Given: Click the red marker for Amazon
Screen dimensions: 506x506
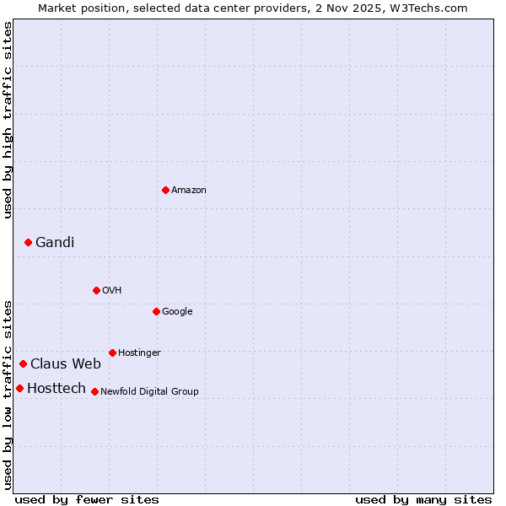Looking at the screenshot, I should (165, 190).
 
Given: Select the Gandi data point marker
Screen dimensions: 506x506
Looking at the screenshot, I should (28, 242).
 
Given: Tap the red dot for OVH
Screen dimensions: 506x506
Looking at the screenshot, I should (96, 290).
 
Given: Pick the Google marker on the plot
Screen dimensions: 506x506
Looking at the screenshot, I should (156, 311).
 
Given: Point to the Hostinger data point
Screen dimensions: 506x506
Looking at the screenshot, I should (112, 353).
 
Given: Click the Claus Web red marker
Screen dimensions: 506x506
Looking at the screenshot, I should (23, 363).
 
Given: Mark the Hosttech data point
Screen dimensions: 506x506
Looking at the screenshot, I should (19, 388).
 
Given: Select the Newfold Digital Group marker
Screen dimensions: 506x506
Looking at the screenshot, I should (94, 391).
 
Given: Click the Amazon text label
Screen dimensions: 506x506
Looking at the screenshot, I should (189, 191).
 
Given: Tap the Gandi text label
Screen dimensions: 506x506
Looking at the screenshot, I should (55, 243).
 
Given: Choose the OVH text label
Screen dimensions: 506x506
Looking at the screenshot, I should (112, 291).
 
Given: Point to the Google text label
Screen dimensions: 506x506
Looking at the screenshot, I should (177, 312).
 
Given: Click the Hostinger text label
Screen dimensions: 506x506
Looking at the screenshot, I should (139, 353).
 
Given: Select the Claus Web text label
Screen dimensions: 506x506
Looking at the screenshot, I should (66, 364).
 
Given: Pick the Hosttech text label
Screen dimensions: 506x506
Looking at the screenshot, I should (57, 389).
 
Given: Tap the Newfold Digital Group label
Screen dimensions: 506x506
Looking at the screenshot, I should (149, 392).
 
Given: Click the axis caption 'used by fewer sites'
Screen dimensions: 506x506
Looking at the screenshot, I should (87, 500).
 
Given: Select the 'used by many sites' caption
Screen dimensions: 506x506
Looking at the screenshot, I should (423, 500).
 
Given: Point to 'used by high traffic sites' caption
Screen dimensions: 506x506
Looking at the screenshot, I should (8, 120).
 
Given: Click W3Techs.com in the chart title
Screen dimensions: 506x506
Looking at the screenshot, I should (427, 8).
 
